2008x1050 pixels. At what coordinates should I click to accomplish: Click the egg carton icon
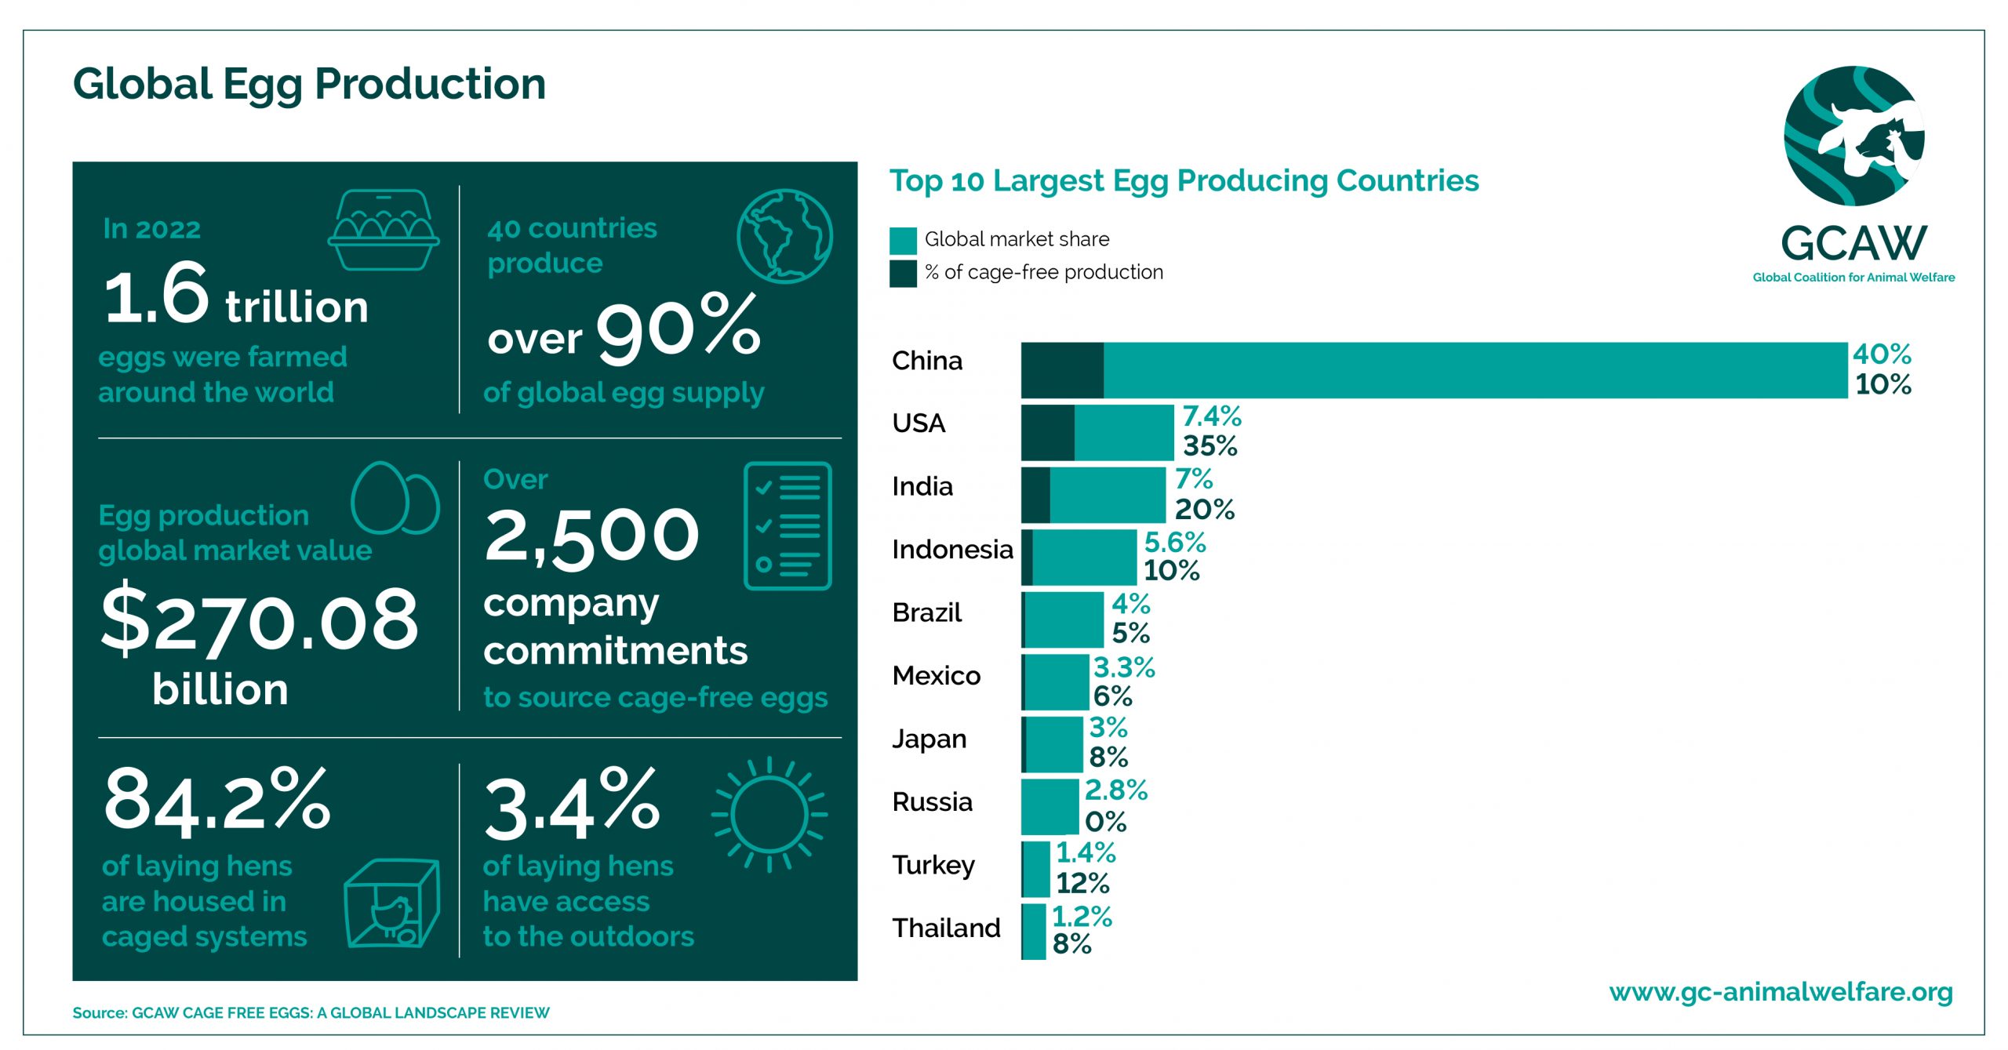click(x=384, y=230)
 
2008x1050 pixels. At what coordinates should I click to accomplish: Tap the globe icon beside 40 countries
click(x=784, y=235)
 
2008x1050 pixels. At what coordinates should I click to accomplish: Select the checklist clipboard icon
click(x=787, y=525)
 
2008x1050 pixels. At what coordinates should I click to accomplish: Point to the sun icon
click(x=769, y=814)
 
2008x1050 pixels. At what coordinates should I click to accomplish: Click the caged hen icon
click(x=391, y=904)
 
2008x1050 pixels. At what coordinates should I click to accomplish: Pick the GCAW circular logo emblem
click(x=1853, y=136)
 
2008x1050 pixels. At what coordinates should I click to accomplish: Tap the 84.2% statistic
click(x=216, y=799)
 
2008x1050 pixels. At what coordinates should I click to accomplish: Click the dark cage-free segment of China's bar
click(x=1062, y=370)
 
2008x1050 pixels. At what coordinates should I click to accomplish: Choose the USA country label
click(x=919, y=423)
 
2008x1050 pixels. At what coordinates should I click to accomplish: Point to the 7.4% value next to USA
click(x=1212, y=416)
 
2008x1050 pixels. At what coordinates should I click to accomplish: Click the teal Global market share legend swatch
click(x=903, y=240)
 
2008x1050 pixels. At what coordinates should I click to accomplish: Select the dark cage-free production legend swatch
click(x=903, y=274)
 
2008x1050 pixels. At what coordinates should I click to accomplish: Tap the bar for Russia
click(x=1049, y=806)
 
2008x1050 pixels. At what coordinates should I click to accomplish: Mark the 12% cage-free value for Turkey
click(x=1082, y=884)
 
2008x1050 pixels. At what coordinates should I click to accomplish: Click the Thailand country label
click(x=946, y=928)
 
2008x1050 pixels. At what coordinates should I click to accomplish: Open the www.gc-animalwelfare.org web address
click(x=1781, y=992)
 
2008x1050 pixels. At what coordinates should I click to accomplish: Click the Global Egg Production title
click(x=309, y=84)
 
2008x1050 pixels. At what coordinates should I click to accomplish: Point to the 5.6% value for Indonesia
click(x=1174, y=542)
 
